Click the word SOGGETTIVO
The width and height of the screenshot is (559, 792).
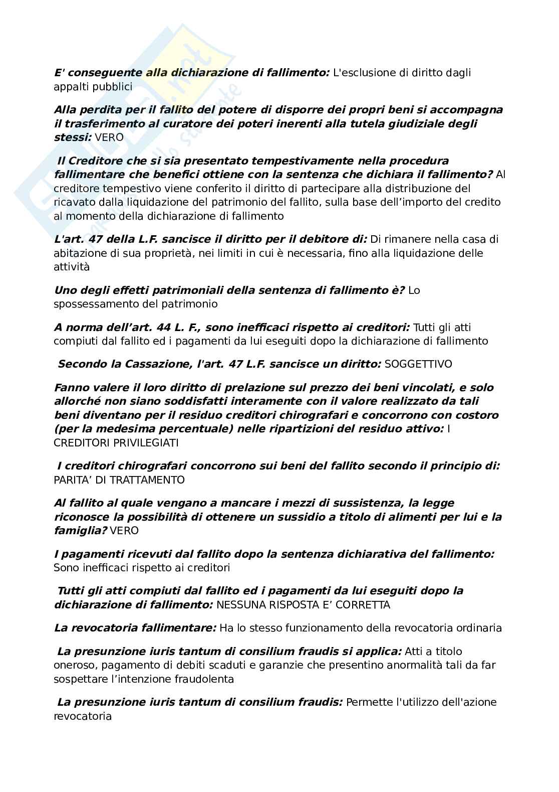pyautogui.click(x=418, y=364)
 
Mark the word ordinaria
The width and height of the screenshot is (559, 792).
pyautogui.click(x=478, y=628)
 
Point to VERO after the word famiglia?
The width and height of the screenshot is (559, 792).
pyautogui.click(x=124, y=531)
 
